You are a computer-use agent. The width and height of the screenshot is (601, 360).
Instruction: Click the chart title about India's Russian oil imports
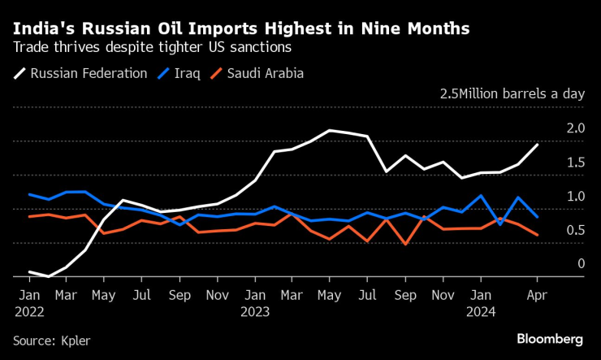coord(240,28)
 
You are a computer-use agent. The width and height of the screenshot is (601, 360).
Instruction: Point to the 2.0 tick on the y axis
coord(575,128)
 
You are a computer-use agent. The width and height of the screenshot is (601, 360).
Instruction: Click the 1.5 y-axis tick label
coord(575,163)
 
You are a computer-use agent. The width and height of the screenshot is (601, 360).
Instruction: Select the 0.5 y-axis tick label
coord(575,230)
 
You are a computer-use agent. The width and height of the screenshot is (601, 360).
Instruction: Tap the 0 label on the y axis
coord(581,263)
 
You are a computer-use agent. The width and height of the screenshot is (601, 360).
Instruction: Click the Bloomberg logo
coord(550,337)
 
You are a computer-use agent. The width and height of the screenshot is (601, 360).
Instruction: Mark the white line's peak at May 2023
coord(330,130)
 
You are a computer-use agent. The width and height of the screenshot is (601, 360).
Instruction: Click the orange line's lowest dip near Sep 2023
coord(404,243)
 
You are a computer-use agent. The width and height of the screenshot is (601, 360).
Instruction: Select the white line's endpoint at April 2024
coord(537,145)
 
